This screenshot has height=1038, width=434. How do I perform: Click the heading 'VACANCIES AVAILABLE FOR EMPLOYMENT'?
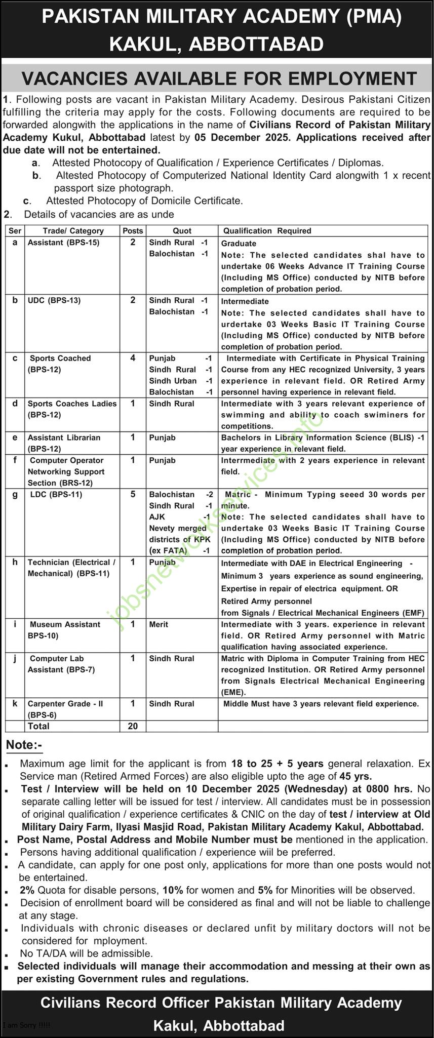point(219,78)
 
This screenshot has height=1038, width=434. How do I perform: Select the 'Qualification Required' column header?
point(267,231)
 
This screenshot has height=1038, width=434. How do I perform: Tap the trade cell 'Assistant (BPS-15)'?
point(63,243)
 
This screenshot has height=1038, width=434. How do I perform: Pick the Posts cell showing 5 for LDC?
point(133,494)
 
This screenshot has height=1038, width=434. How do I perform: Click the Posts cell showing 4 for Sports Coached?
point(133,358)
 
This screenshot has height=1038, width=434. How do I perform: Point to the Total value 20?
point(133,726)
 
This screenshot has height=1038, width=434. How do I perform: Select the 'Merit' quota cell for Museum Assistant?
point(159,624)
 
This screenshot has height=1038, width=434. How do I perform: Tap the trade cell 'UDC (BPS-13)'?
point(54,300)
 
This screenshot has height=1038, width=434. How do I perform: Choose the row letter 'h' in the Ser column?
point(15,562)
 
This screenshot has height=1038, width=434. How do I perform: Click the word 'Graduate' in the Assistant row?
point(239,244)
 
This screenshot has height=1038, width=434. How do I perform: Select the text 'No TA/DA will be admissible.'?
point(87,953)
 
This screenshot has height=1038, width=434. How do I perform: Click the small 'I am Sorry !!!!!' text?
point(26,1025)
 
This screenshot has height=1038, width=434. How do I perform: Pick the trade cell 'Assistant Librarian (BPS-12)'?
point(64,443)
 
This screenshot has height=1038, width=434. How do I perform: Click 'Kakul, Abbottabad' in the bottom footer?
point(219,1026)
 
